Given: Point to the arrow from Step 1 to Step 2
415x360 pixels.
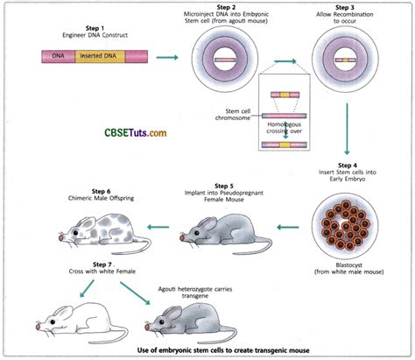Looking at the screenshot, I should [x=164, y=58].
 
